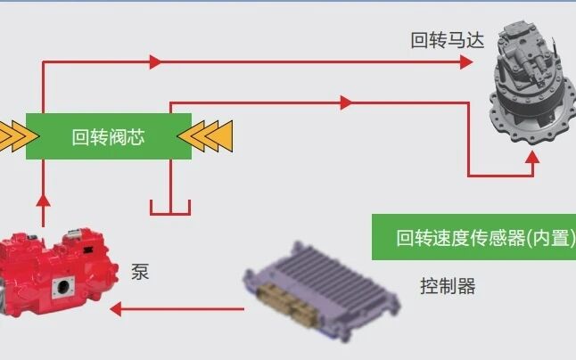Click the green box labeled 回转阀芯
point(109,136)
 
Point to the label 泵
point(140,271)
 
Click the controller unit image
point(325,284)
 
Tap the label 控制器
point(448,286)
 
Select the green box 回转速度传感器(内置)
point(473,238)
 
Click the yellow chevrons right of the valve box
point(207,136)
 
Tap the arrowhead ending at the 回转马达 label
point(465,61)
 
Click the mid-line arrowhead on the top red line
point(155,61)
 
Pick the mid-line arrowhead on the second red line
point(346,102)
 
